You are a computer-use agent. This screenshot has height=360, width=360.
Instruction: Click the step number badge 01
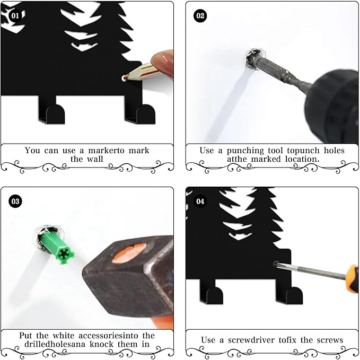[15, 15]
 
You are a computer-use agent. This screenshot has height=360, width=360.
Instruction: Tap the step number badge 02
[200, 15]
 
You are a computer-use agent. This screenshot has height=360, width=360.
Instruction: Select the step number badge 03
[15, 201]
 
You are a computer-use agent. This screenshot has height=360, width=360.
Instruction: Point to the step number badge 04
[200, 201]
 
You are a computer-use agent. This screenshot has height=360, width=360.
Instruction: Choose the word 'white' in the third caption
[65, 336]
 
